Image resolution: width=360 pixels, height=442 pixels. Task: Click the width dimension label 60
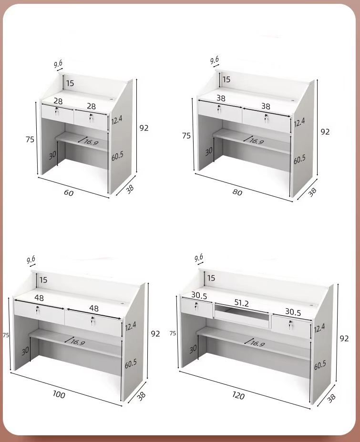click(69, 192)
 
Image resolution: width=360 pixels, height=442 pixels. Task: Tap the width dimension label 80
click(237, 192)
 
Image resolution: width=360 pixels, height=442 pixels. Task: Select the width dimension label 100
click(59, 394)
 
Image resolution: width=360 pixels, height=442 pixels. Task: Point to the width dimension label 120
click(238, 395)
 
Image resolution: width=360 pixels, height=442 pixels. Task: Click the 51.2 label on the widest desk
click(241, 303)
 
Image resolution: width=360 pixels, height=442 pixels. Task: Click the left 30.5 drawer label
click(199, 295)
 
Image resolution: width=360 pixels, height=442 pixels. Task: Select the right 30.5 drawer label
click(293, 312)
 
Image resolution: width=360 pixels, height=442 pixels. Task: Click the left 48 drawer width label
click(39, 298)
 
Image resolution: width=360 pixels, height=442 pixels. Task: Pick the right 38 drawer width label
click(266, 106)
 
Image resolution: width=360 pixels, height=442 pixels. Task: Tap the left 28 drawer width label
click(58, 101)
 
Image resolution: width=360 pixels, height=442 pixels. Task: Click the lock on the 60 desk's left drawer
click(57, 111)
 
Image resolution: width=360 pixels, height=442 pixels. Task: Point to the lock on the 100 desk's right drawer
click(92, 321)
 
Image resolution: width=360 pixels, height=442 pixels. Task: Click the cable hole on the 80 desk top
click(295, 100)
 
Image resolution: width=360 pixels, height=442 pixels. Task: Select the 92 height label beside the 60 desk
click(144, 128)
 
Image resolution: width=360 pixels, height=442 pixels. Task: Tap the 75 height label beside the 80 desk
click(186, 136)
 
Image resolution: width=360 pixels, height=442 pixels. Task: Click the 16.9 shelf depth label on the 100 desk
click(78, 342)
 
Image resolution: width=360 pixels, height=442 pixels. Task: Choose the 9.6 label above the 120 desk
click(199, 258)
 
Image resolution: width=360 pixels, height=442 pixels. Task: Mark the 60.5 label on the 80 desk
click(299, 159)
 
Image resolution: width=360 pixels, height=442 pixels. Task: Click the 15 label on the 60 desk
click(70, 83)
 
